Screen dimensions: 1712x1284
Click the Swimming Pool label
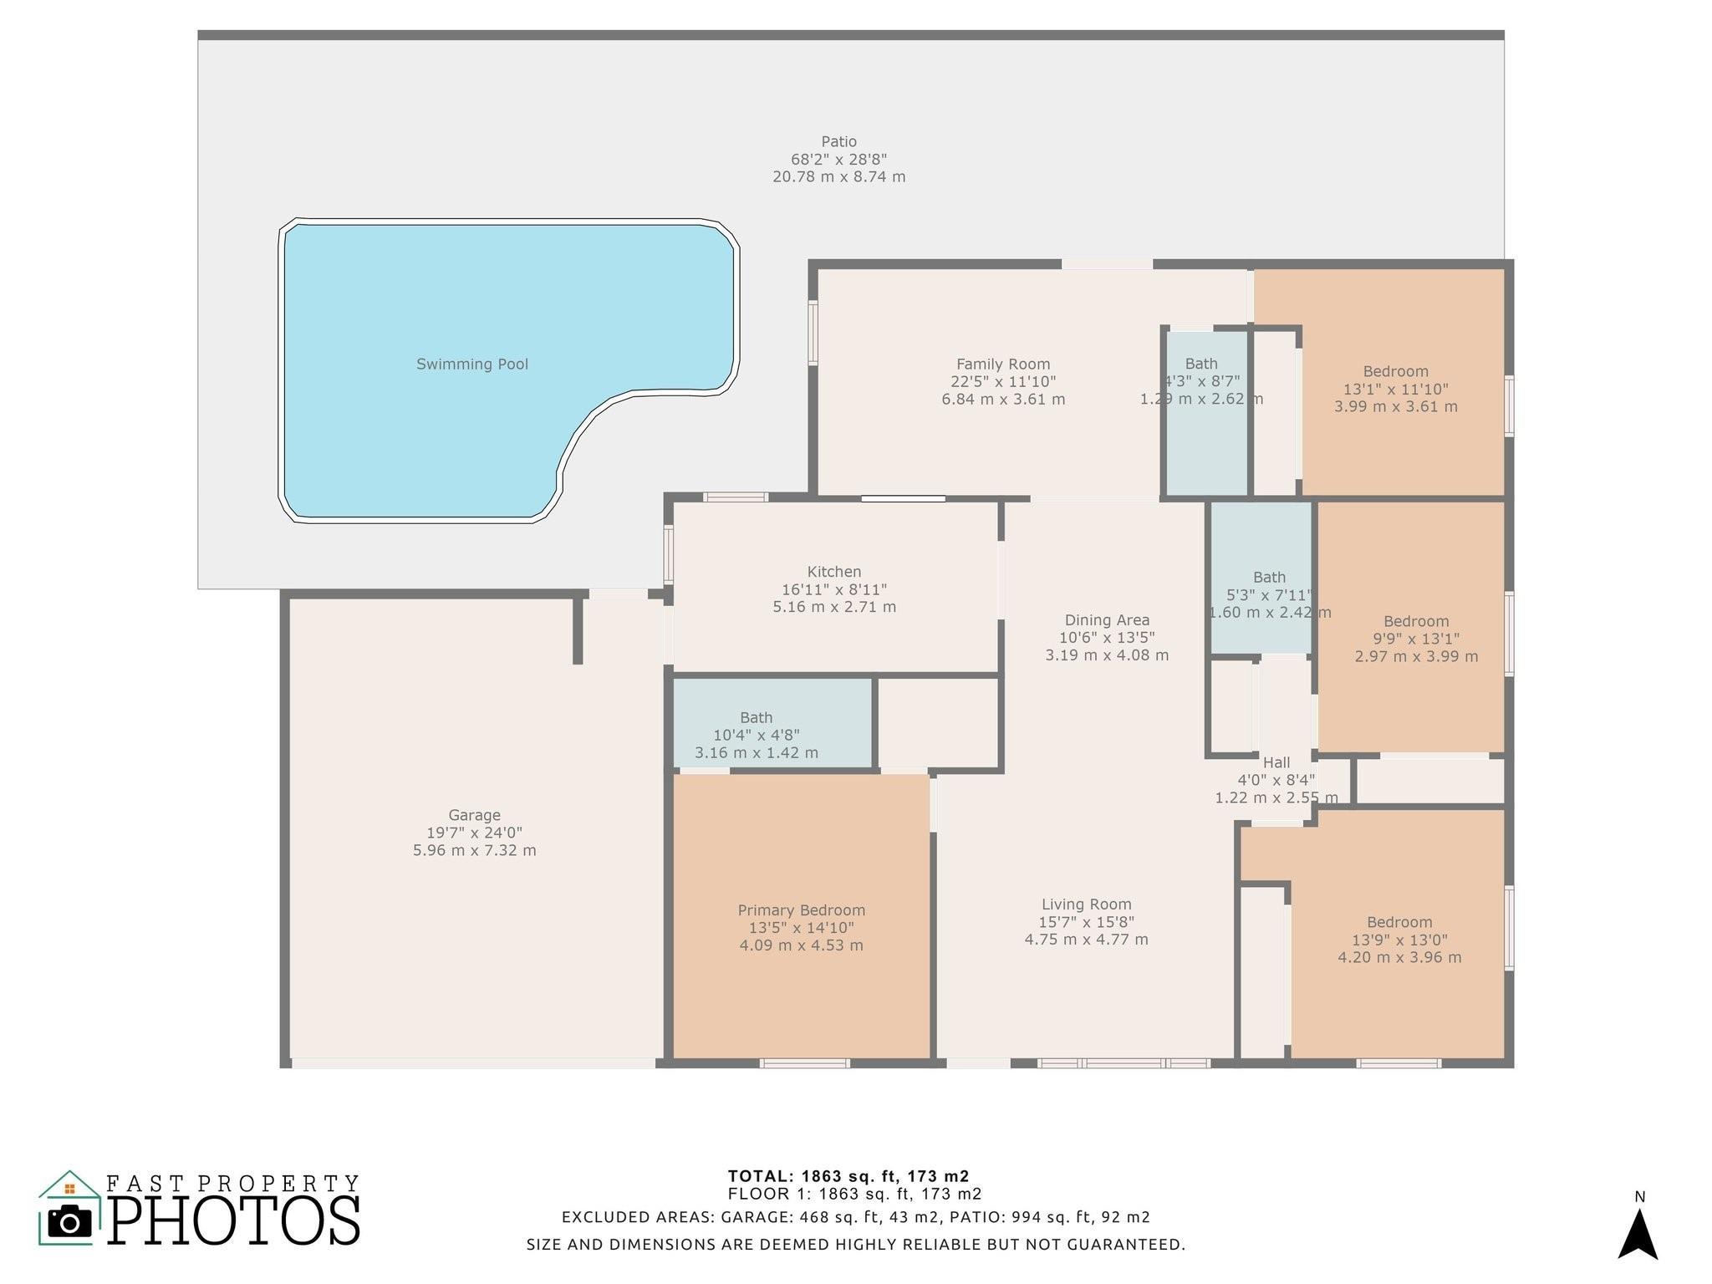click(472, 364)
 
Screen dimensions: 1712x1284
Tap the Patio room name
click(838, 141)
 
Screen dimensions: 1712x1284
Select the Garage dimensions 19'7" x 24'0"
click(474, 833)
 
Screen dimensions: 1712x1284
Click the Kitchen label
click(833, 572)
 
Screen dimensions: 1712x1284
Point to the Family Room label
click(1003, 364)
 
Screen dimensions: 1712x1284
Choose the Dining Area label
click(1107, 620)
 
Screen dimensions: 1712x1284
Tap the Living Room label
click(1086, 904)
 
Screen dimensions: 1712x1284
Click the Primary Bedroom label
click(801, 910)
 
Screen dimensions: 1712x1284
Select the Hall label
click(1276, 762)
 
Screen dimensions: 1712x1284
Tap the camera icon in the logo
click(69, 1222)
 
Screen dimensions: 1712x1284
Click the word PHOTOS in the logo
click(234, 1220)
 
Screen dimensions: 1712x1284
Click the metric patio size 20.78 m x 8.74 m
click(838, 176)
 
